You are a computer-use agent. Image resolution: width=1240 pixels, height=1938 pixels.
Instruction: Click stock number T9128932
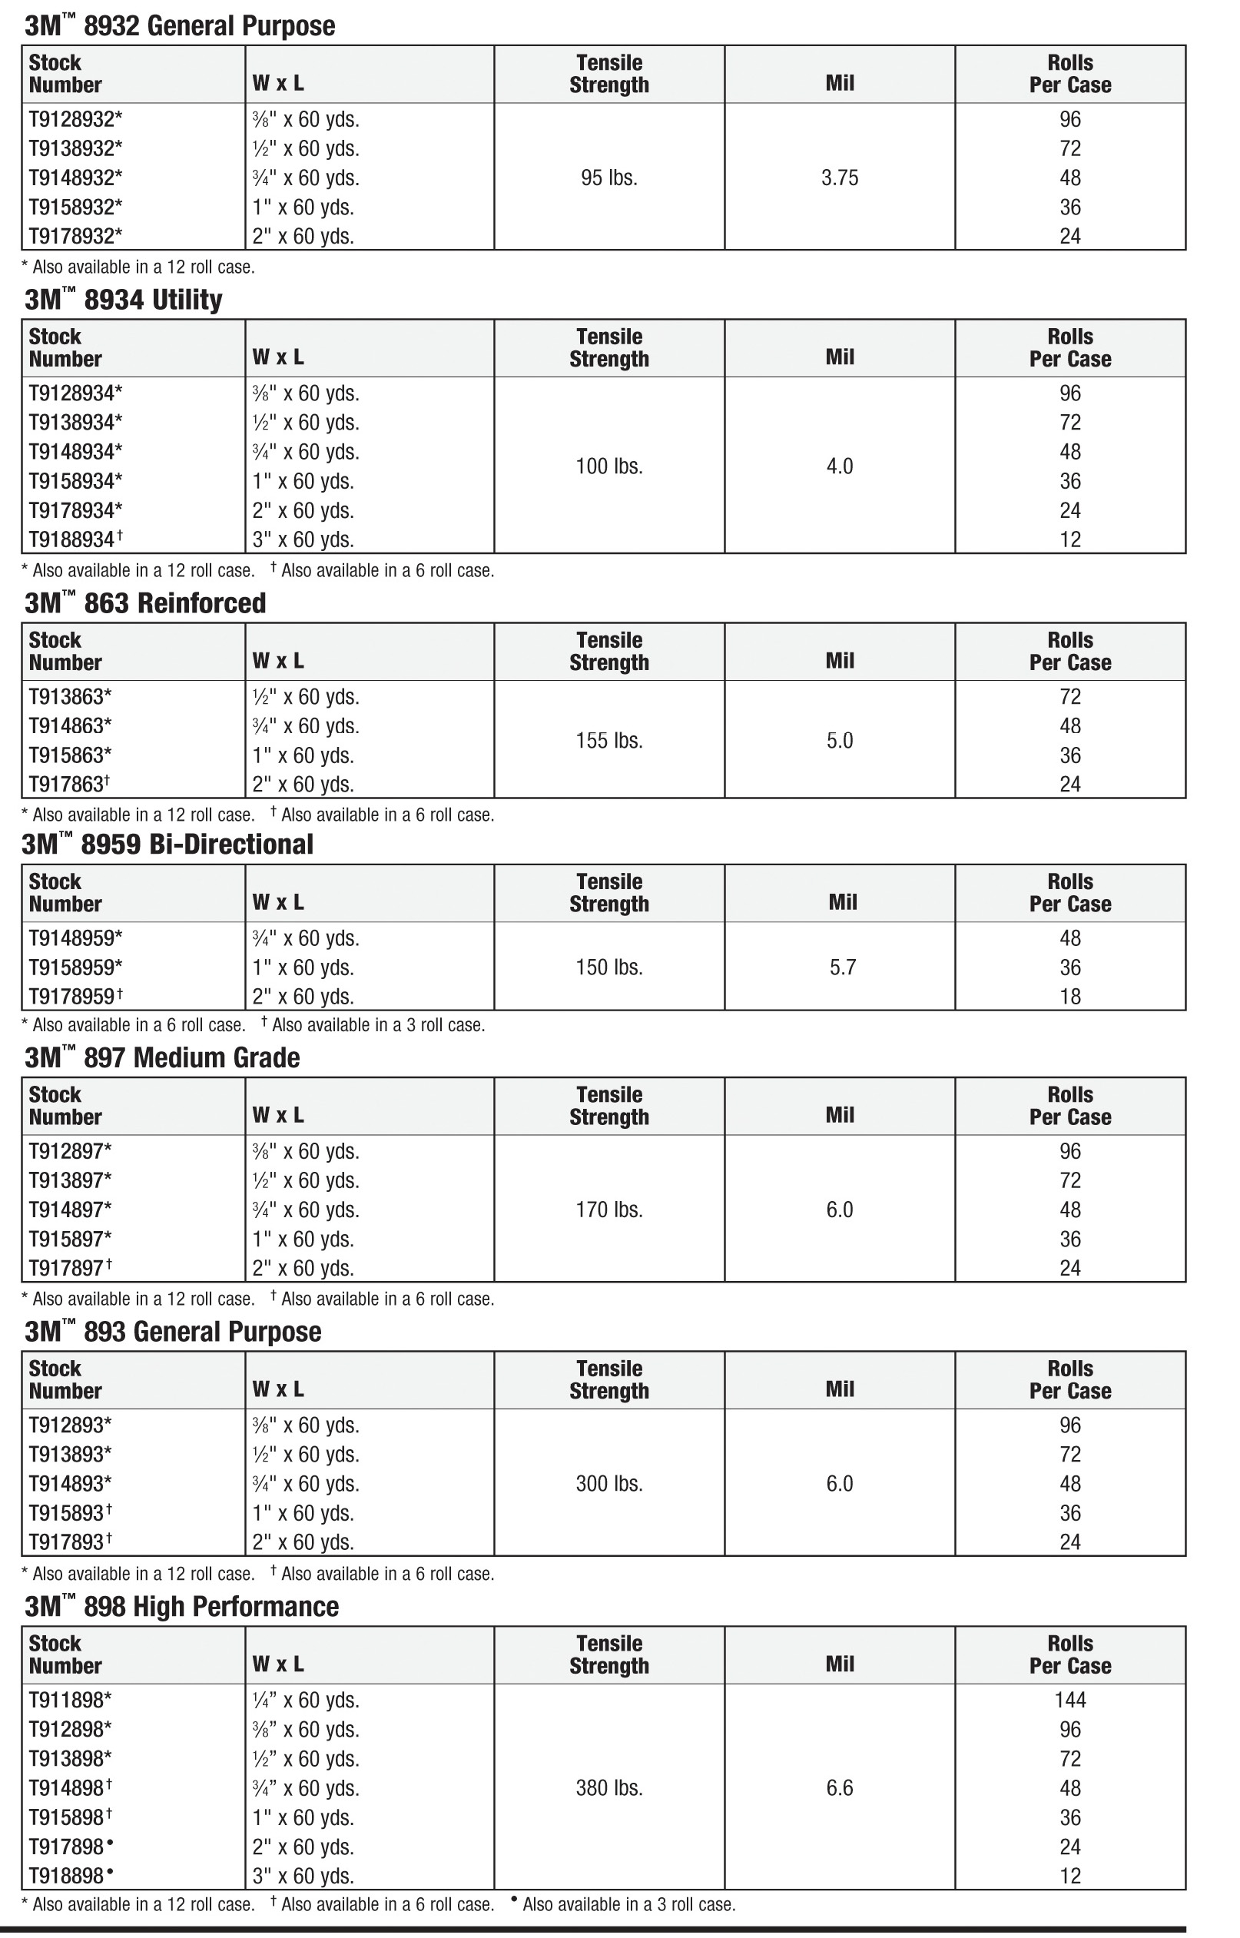pyautogui.click(x=75, y=120)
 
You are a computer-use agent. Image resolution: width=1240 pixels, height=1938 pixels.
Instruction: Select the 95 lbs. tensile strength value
pyautogui.click(x=608, y=178)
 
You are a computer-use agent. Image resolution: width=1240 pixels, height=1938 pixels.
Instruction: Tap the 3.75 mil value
pyautogui.click(x=839, y=178)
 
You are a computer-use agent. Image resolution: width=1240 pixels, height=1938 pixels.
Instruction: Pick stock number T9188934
pyautogui.click(x=75, y=539)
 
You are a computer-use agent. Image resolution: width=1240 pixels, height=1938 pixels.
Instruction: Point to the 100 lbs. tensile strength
pyautogui.click(x=608, y=466)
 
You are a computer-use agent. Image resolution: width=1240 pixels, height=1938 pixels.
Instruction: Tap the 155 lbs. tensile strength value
pyautogui.click(x=608, y=741)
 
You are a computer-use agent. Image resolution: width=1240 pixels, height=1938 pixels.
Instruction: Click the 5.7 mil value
pyautogui.click(x=842, y=967)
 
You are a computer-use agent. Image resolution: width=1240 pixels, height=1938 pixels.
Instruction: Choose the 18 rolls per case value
pyautogui.click(x=1069, y=997)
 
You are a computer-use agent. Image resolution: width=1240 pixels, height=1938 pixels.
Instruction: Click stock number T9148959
pyautogui.click(x=75, y=939)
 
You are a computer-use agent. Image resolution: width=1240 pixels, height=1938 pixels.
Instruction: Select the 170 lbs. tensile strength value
pyautogui.click(x=608, y=1210)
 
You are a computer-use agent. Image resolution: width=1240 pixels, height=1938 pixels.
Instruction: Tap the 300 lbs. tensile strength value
pyautogui.click(x=608, y=1484)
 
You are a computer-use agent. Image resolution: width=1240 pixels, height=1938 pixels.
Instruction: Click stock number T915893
pyautogui.click(x=69, y=1513)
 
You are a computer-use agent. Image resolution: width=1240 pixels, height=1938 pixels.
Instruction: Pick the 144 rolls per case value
pyautogui.click(x=1069, y=1700)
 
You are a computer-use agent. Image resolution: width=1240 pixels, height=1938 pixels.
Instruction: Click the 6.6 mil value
pyautogui.click(x=839, y=1788)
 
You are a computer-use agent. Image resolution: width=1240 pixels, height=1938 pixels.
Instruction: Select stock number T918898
pyautogui.click(x=70, y=1876)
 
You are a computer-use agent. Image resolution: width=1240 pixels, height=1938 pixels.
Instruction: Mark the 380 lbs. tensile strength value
pyautogui.click(x=608, y=1788)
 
